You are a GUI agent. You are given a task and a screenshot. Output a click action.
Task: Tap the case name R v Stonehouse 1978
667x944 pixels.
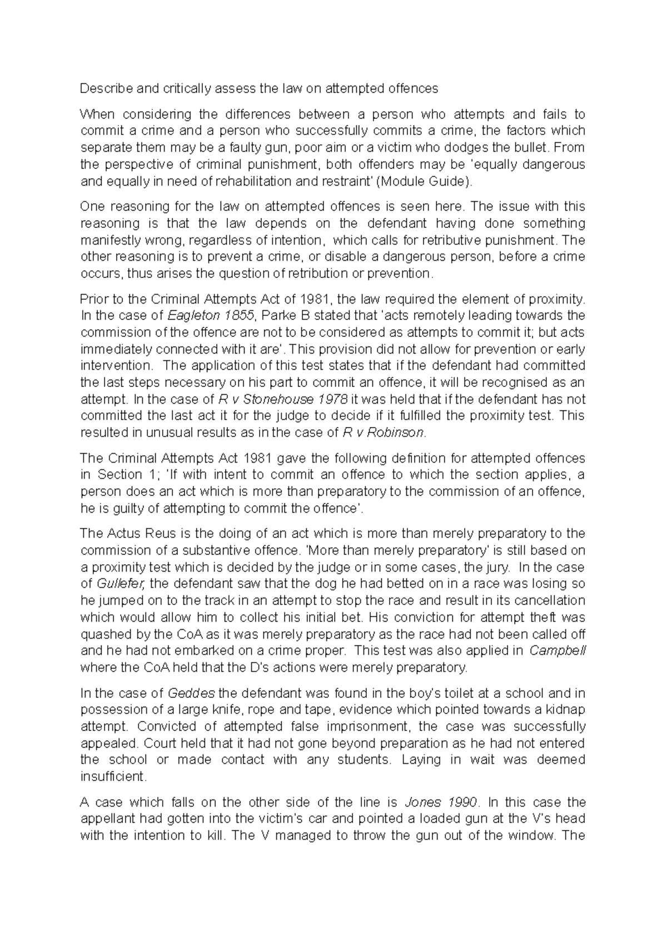283,399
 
